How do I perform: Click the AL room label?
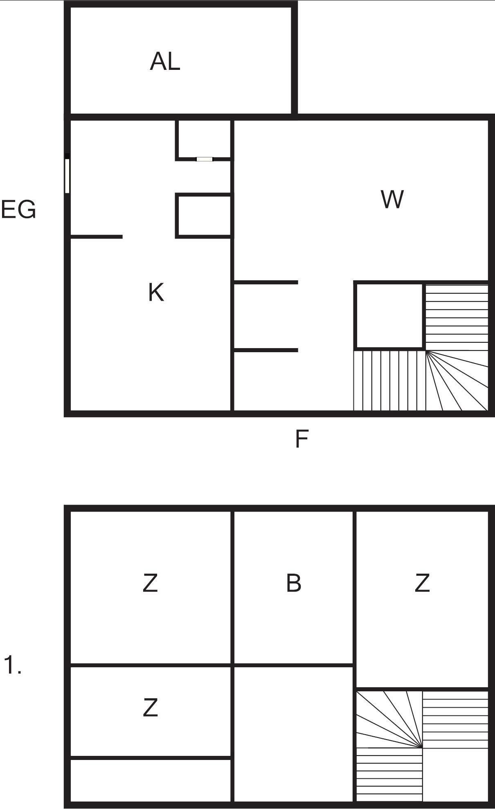click(165, 62)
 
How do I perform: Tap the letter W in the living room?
click(392, 199)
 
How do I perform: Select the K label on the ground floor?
click(156, 293)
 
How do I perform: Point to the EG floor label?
click(18, 210)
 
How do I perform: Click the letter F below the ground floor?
click(301, 439)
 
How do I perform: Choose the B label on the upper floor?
click(293, 583)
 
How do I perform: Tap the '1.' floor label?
click(12, 665)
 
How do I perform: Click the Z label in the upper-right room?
click(422, 583)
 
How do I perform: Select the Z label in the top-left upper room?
click(150, 583)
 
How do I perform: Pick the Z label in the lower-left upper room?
click(150, 708)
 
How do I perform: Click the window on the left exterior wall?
click(67, 176)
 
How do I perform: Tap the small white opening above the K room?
click(204, 159)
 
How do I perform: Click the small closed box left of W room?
click(204, 216)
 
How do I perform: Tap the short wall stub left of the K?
click(97, 237)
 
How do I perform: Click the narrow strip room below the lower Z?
click(150, 780)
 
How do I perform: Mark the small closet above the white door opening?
click(204, 139)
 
